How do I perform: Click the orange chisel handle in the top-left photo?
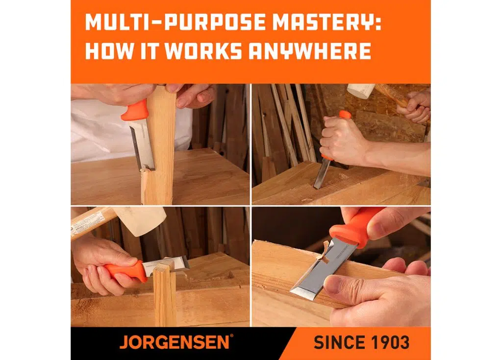[x=136, y=110]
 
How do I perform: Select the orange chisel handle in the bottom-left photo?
[x=125, y=270]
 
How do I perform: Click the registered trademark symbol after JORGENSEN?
[x=231, y=336]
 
